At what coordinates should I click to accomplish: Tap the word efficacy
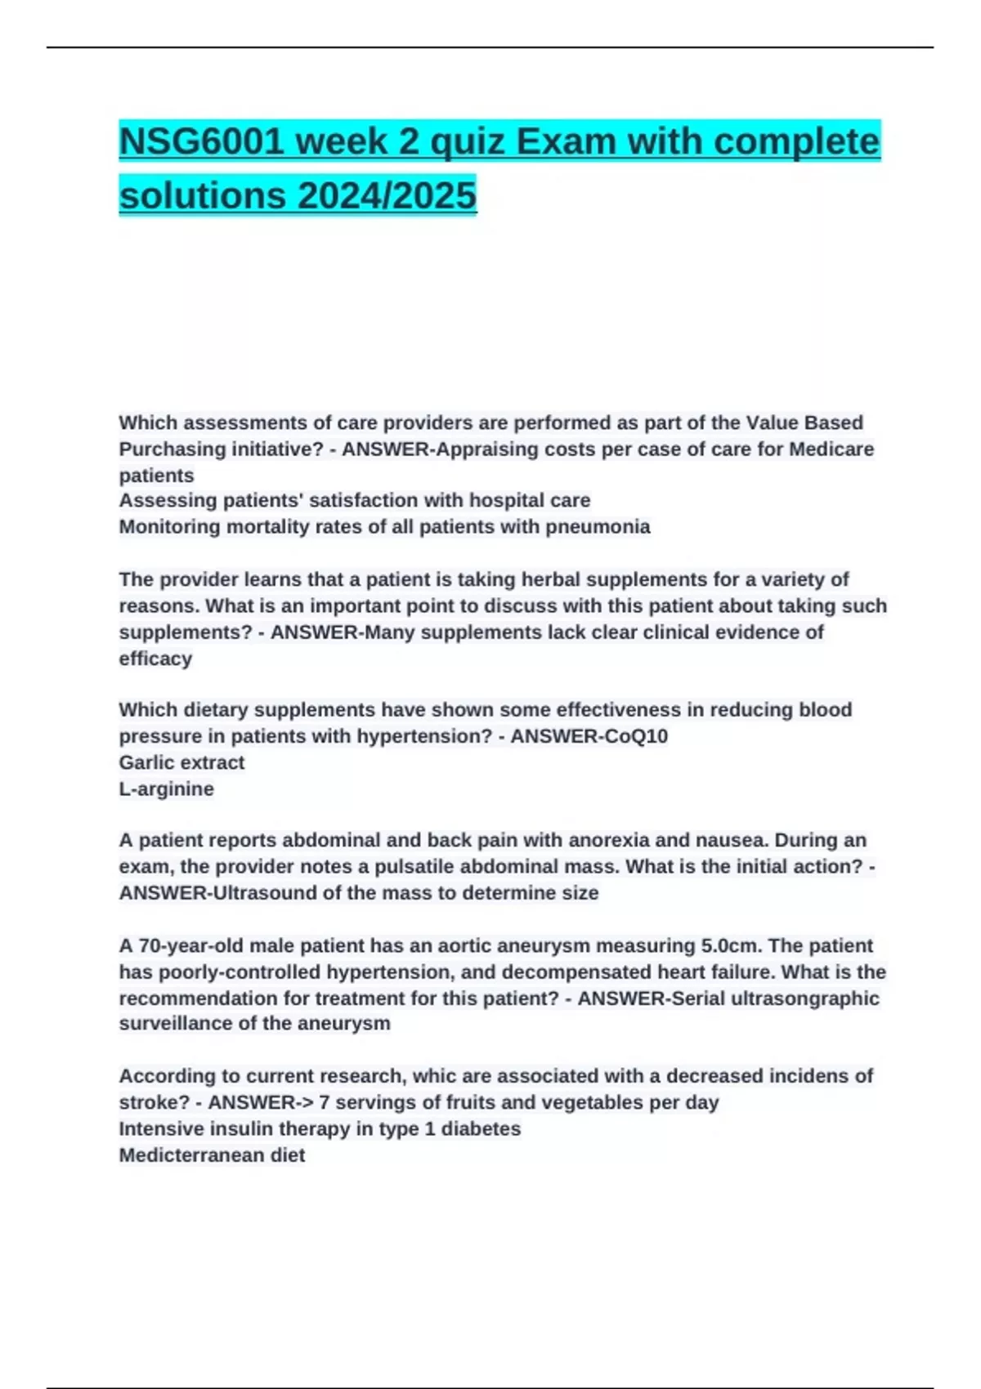(155, 659)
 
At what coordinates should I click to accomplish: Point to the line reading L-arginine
(166, 789)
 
